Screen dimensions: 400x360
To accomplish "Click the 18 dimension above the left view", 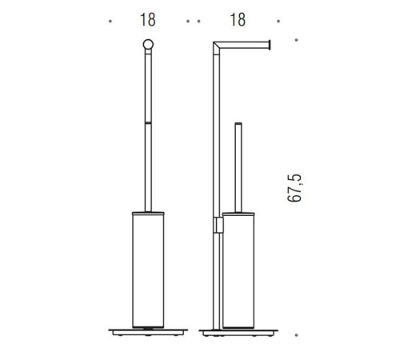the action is (x=148, y=20).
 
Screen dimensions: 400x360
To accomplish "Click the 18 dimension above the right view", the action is (x=238, y=20).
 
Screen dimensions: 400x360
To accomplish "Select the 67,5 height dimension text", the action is (x=294, y=188).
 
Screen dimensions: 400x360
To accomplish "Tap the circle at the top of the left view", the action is (x=148, y=45).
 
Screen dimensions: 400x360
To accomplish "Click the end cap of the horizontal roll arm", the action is (x=270, y=45).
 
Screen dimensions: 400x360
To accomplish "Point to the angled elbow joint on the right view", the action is (x=217, y=47).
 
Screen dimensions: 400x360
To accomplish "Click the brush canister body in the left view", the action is (x=148, y=270).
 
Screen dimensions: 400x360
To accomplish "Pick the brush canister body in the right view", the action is (x=238, y=270).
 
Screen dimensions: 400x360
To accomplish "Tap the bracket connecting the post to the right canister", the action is (x=218, y=225).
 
